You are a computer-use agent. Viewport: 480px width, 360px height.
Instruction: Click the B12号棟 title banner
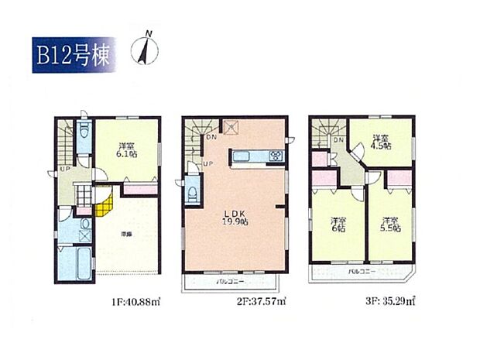[74, 54]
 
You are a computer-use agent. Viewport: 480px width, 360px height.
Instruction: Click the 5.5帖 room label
[390, 225]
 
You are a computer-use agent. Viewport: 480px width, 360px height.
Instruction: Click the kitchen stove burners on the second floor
[276, 157]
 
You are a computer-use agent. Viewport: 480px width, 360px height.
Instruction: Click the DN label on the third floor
[339, 139]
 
